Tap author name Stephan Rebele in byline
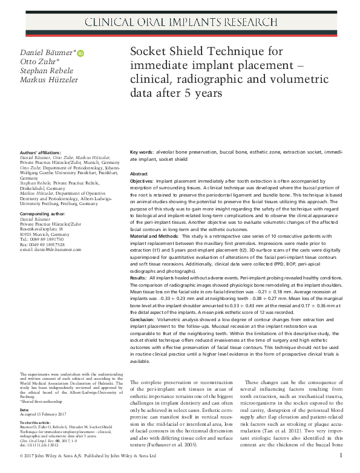pyautogui.click(x=44, y=71)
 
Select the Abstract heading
pyautogui.click(x=139, y=174)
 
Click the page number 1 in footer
pyautogui.click(x=341, y=455)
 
